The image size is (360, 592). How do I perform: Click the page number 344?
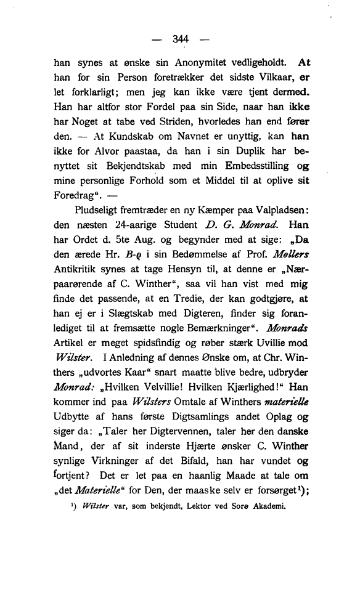[180, 39]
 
